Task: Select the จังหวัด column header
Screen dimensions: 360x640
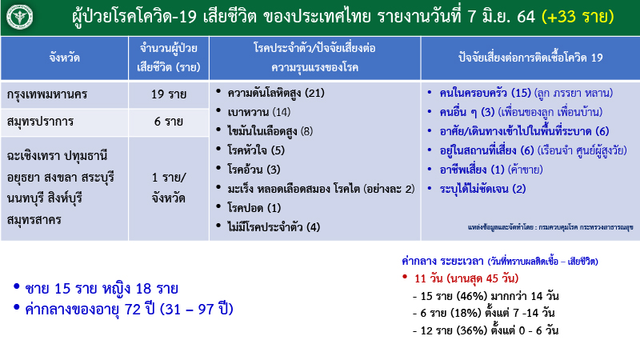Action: point(63,58)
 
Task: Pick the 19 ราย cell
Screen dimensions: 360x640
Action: point(168,95)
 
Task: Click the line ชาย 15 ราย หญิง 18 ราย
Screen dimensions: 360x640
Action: point(102,288)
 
